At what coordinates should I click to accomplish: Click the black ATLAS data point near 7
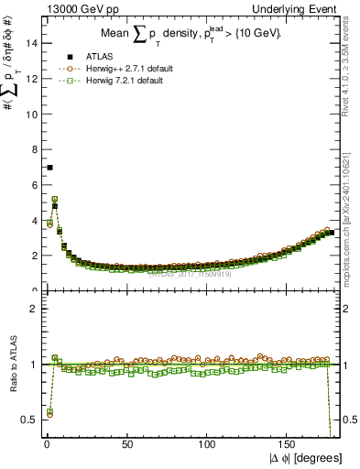coord(49,168)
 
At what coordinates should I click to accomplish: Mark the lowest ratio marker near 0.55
coord(49,413)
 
